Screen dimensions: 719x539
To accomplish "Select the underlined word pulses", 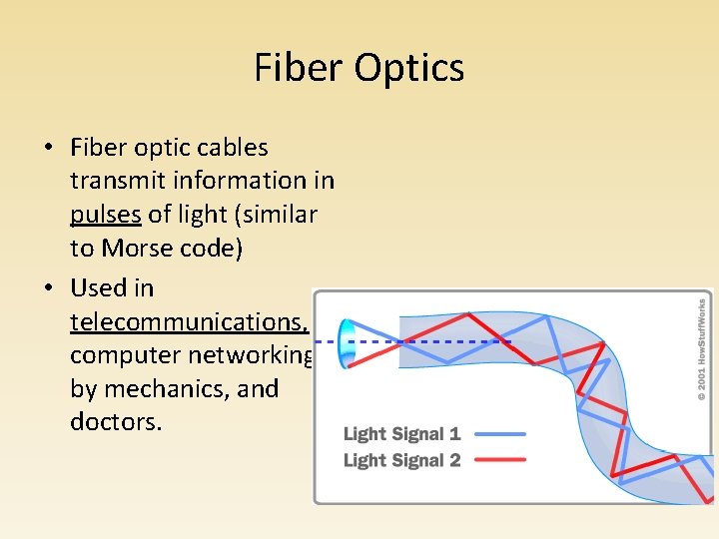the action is [106, 215].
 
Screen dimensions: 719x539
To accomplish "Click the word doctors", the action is [115, 421].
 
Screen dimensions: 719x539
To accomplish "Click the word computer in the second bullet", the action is [126, 355].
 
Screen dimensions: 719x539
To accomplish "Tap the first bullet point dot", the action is [47, 149].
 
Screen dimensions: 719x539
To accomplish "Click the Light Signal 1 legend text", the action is [401, 434].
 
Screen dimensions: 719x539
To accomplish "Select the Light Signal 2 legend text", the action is [401, 460].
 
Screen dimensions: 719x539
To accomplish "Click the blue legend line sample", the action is [500, 434].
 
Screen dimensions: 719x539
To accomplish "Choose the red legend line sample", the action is [500, 460].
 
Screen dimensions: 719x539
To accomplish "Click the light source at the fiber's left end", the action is [349, 341].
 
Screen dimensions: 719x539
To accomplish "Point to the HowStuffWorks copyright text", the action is [701, 349].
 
